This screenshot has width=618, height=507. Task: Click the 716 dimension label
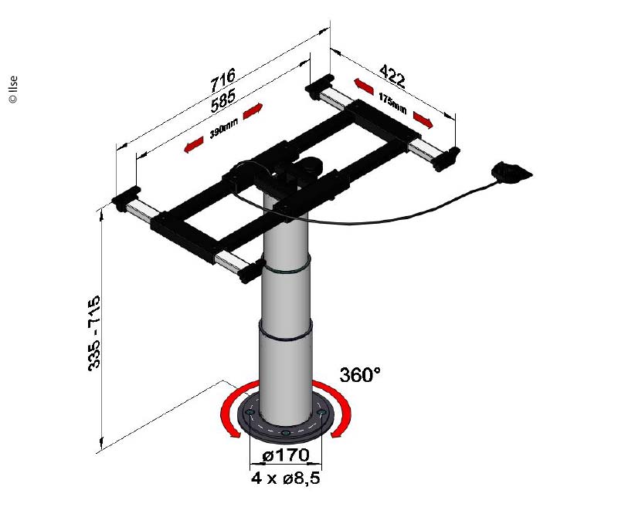click(x=222, y=79)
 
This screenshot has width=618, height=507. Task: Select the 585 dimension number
click(x=223, y=100)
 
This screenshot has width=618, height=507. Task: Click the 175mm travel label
click(x=392, y=103)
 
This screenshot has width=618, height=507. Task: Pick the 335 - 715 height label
click(x=94, y=333)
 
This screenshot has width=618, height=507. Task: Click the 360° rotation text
click(x=360, y=374)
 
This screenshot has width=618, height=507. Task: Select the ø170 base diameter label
click(x=286, y=456)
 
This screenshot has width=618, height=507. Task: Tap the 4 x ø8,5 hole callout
click(x=286, y=478)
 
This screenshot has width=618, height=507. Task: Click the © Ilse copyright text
click(x=13, y=90)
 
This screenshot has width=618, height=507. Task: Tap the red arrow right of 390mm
click(x=253, y=111)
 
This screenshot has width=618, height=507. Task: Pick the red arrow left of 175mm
click(x=364, y=86)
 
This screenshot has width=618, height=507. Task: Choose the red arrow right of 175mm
click(x=423, y=120)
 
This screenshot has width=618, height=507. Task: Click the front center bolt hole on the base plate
click(x=286, y=434)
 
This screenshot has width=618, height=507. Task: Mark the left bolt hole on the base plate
click(x=249, y=412)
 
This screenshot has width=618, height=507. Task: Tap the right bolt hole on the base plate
click(x=322, y=412)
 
